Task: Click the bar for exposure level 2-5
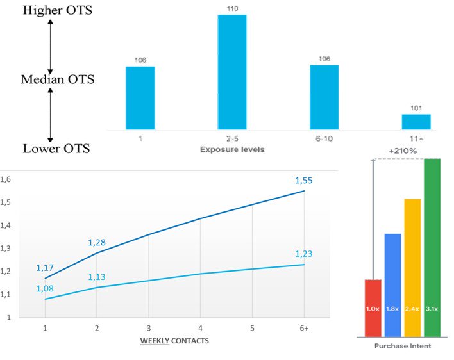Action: [x=231, y=72]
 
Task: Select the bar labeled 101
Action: [x=416, y=122]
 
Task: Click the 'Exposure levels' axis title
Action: [x=231, y=149]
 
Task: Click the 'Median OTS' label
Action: [x=58, y=79]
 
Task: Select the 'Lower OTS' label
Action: [x=56, y=149]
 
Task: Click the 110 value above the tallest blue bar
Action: [x=231, y=8]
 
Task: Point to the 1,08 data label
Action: [x=45, y=289]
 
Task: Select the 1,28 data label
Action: [x=97, y=242]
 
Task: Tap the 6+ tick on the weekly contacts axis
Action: [x=303, y=327]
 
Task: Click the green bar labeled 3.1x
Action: [x=432, y=247]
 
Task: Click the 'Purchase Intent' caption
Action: [x=403, y=346]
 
